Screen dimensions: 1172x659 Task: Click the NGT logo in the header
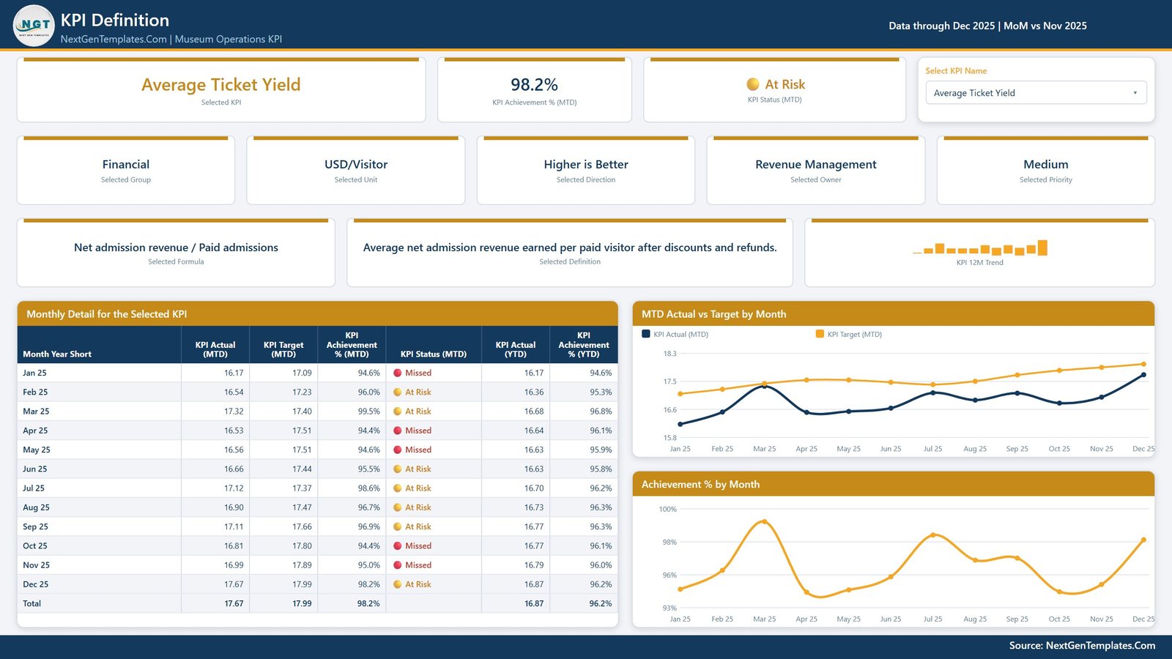tap(34, 25)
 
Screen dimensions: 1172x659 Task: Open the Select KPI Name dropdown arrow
tap(1135, 93)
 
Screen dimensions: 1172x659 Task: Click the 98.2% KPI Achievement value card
tap(534, 89)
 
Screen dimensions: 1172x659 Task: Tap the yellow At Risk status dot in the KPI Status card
tap(752, 84)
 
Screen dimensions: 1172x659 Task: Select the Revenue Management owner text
tap(816, 164)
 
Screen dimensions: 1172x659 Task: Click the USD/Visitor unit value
tap(356, 164)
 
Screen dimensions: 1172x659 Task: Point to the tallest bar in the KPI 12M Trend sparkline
tap(1042, 247)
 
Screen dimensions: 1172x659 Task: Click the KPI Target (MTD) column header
tap(283, 349)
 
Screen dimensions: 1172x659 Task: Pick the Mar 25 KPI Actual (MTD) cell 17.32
tap(234, 411)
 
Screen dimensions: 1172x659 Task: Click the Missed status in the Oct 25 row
tap(418, 546)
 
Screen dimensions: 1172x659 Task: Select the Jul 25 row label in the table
tap(34, 488)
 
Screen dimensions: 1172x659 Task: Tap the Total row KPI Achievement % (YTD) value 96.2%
tap(600, 603)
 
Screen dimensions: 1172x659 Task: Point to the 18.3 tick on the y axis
tap(670, 354)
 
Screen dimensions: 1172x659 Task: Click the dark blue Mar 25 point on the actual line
tap(765, 387)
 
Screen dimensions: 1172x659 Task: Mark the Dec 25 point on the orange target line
tap(1143, 364)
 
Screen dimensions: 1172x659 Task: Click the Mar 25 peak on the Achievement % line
tap(765, 521)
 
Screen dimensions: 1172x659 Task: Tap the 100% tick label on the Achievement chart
tap(667, 509)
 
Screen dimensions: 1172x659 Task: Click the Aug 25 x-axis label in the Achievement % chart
tap(975, 619)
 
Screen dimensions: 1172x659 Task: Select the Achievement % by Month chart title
tap(700, 484)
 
